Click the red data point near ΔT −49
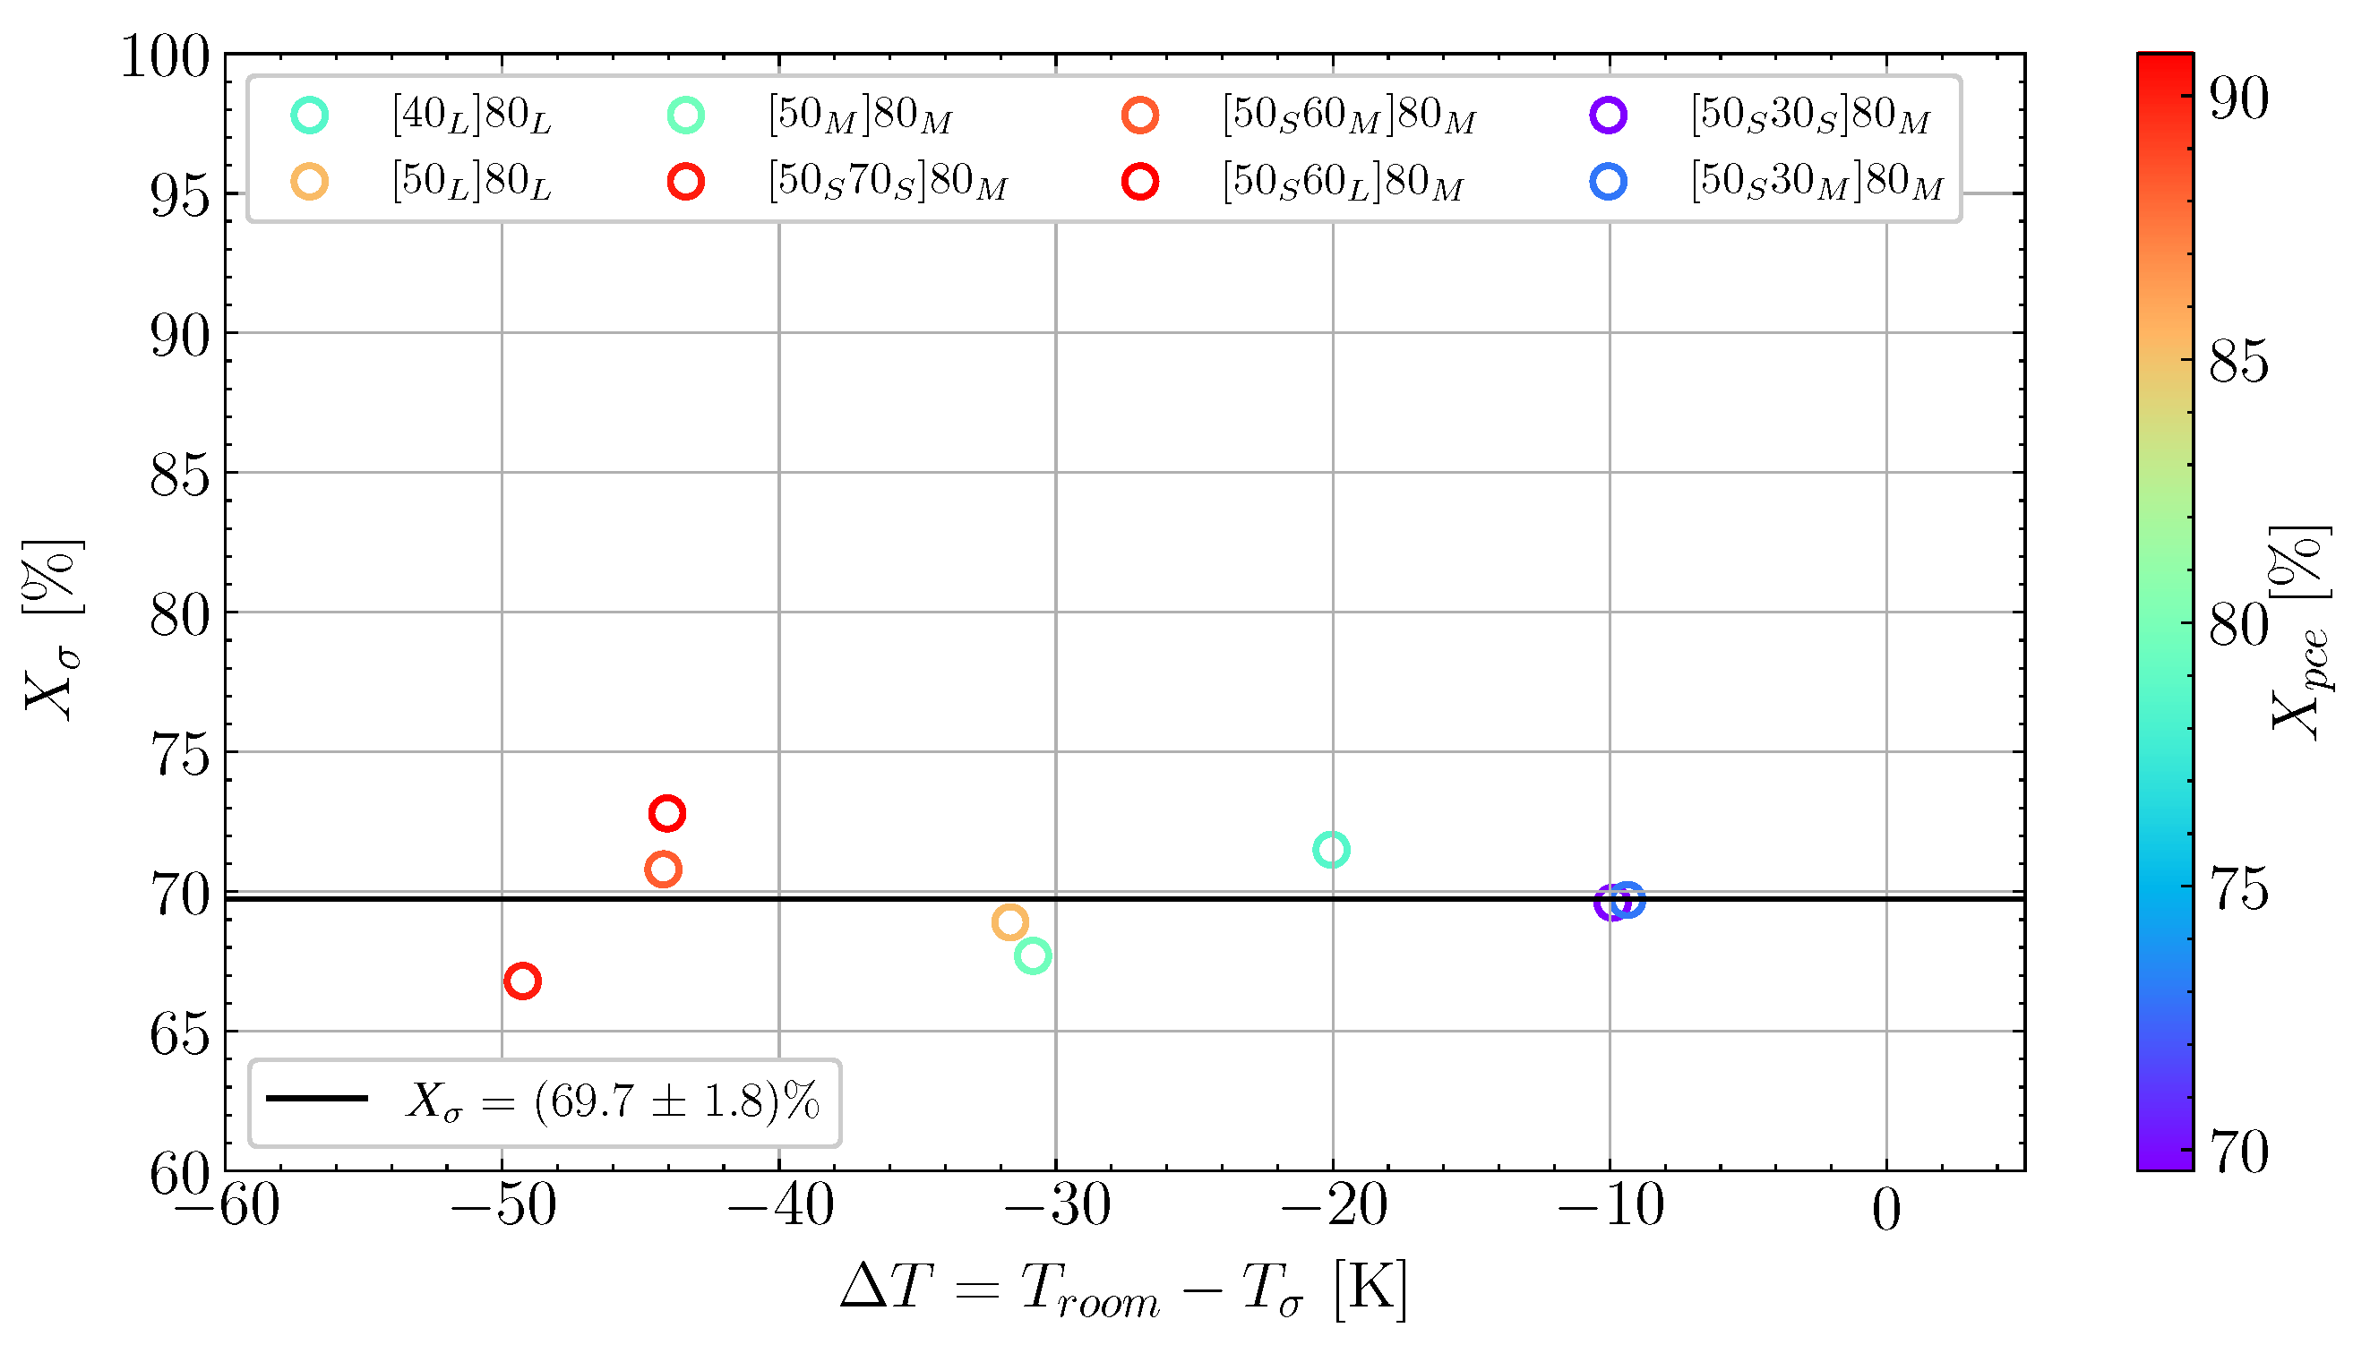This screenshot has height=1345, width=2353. tap(523, 981)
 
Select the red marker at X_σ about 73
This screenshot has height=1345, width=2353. tap(667, 814)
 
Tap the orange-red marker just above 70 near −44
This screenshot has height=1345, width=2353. tap(664, 870)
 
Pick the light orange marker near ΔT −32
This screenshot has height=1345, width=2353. tap(1009, 922)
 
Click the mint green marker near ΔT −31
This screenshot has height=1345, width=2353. tap(1032, 956)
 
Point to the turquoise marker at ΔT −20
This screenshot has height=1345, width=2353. tap(1331, 850)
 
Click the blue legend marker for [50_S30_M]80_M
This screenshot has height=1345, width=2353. tap(1609, 182)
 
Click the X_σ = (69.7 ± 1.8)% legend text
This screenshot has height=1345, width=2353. tap(613, 1102)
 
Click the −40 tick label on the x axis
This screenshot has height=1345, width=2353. tap(781, 1208)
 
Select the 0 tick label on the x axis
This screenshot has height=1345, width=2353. tap(1886, 1210)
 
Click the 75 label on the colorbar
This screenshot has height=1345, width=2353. tap(2238, 890)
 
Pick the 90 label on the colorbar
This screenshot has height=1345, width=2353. tap(2238, 98)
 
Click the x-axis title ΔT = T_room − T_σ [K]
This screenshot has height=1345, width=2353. tap(1123, 1289)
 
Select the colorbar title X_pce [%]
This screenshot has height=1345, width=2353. tap(2300, 635)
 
